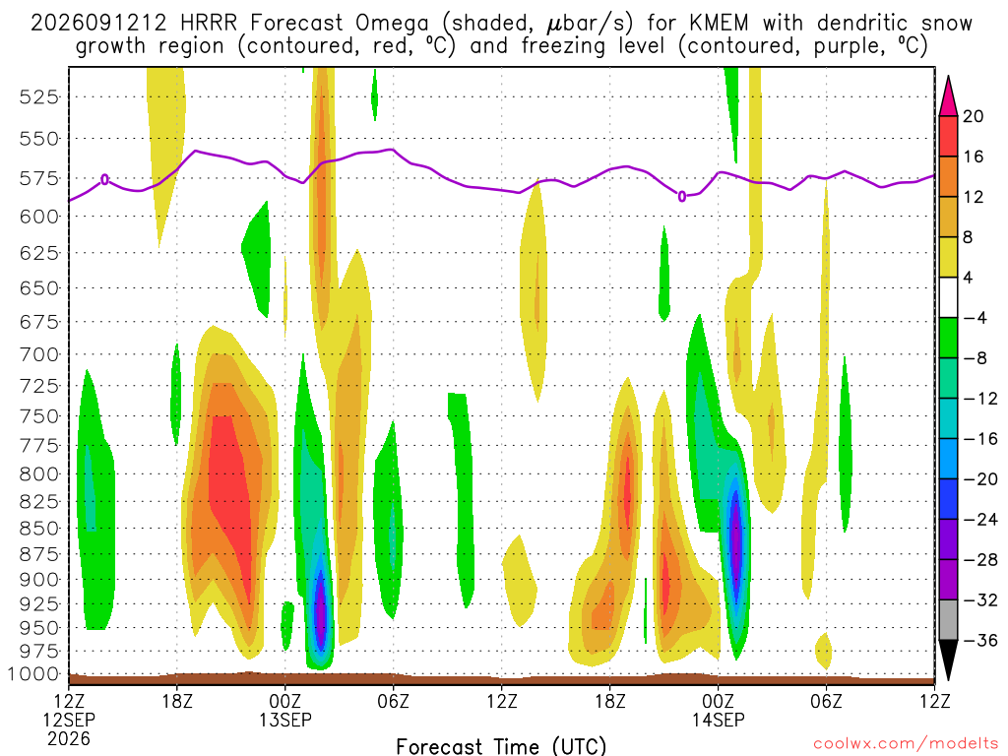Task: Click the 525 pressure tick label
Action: point(38,97)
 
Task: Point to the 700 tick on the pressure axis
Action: point(38,354)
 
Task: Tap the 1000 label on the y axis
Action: point(33,673)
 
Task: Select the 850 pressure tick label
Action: point(38,529)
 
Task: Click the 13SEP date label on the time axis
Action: point(285,720)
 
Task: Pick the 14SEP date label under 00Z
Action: point(718,720)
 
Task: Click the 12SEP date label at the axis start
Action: point(69,720)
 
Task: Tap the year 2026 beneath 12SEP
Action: point(69,738)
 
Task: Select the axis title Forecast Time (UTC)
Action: point(501,746)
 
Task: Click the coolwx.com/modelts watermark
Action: point(906,744)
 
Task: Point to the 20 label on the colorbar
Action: point(974,116)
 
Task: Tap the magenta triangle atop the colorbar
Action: point(948,96)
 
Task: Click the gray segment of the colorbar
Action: point(948,620)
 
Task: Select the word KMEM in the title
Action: point(719,24)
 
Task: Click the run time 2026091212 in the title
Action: point(98,24)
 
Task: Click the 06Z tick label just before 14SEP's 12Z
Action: point(826,700)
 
